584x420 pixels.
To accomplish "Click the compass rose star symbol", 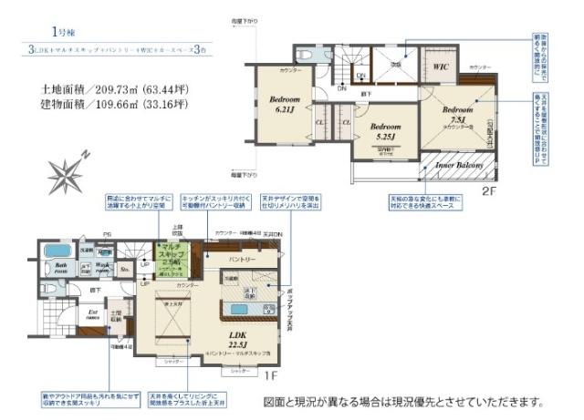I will tap(67, 170).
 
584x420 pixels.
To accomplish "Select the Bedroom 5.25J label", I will tap(386, 131).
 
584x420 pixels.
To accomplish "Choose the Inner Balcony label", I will tap(458, 165).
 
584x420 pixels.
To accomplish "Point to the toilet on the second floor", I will tap(304, 56).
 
